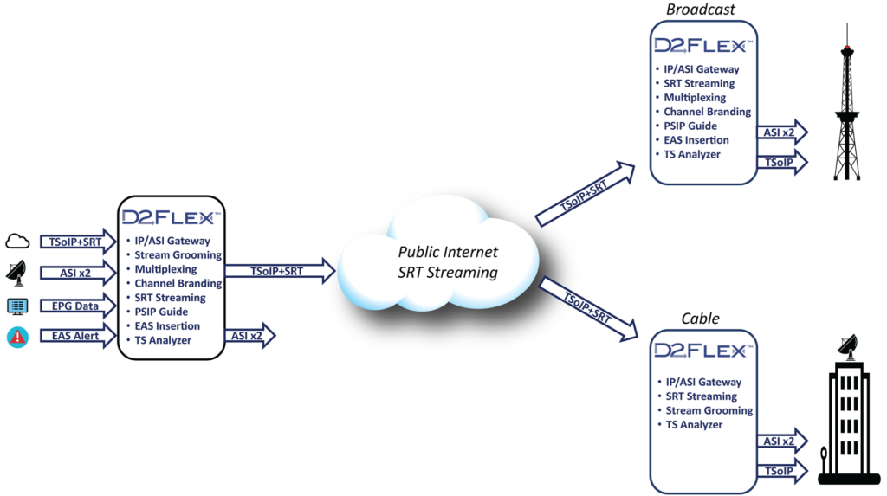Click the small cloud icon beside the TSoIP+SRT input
[x=18, y=242]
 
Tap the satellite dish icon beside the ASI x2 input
[x=17, y=273]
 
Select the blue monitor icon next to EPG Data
[x=17, y=306]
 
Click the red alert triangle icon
[x=17, y=337]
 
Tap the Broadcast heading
[x=700, y=10]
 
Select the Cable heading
[x=700, y=319]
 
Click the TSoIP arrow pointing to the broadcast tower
[x=781, y=162]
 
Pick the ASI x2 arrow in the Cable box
[x=781, y=441]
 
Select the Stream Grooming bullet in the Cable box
[x=709, y=410]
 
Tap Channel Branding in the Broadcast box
[x=707, y=112]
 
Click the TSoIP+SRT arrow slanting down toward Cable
[x=587, y=309]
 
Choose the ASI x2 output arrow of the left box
[x=249, y=335]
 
